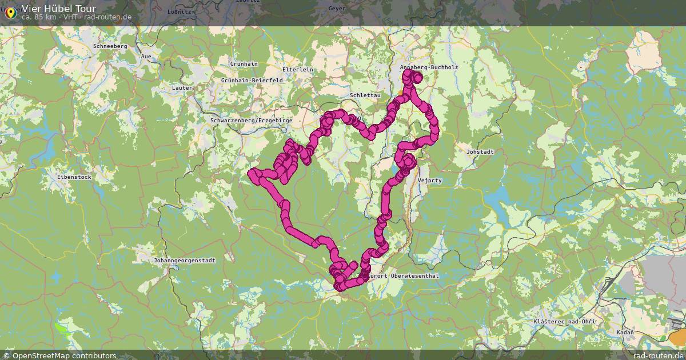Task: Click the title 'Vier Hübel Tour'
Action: click(59, 9)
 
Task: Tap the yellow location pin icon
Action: click(10, 13)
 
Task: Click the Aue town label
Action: click(146, 57)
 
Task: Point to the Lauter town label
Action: click(182, 88)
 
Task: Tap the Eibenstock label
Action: click(74, 177)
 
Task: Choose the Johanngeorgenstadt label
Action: click(185, 261)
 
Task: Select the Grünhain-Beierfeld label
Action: click(252, 81)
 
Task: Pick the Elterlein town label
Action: click(298, 69)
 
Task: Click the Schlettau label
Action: click(361, 95)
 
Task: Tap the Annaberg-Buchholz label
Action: click(429, 67)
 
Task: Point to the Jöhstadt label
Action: click(480, 152)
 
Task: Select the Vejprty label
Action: click(430, 181)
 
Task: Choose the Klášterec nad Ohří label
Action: click(564, 322)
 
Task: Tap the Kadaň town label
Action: click(625, 332)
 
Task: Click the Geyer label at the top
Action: click(337, 8)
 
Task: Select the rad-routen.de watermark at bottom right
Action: click(659, 355)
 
